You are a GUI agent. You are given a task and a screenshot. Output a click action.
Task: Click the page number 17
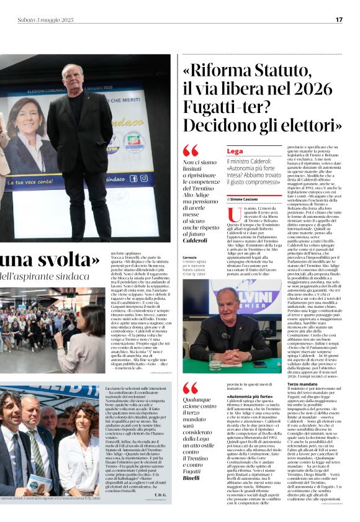(x=339, y=20)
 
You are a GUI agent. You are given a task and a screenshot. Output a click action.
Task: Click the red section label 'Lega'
(x=235, y=151)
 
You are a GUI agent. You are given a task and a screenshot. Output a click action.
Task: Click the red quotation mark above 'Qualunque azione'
(x=190, y=388)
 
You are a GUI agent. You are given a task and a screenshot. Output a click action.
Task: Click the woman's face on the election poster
(x=26, y=115)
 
